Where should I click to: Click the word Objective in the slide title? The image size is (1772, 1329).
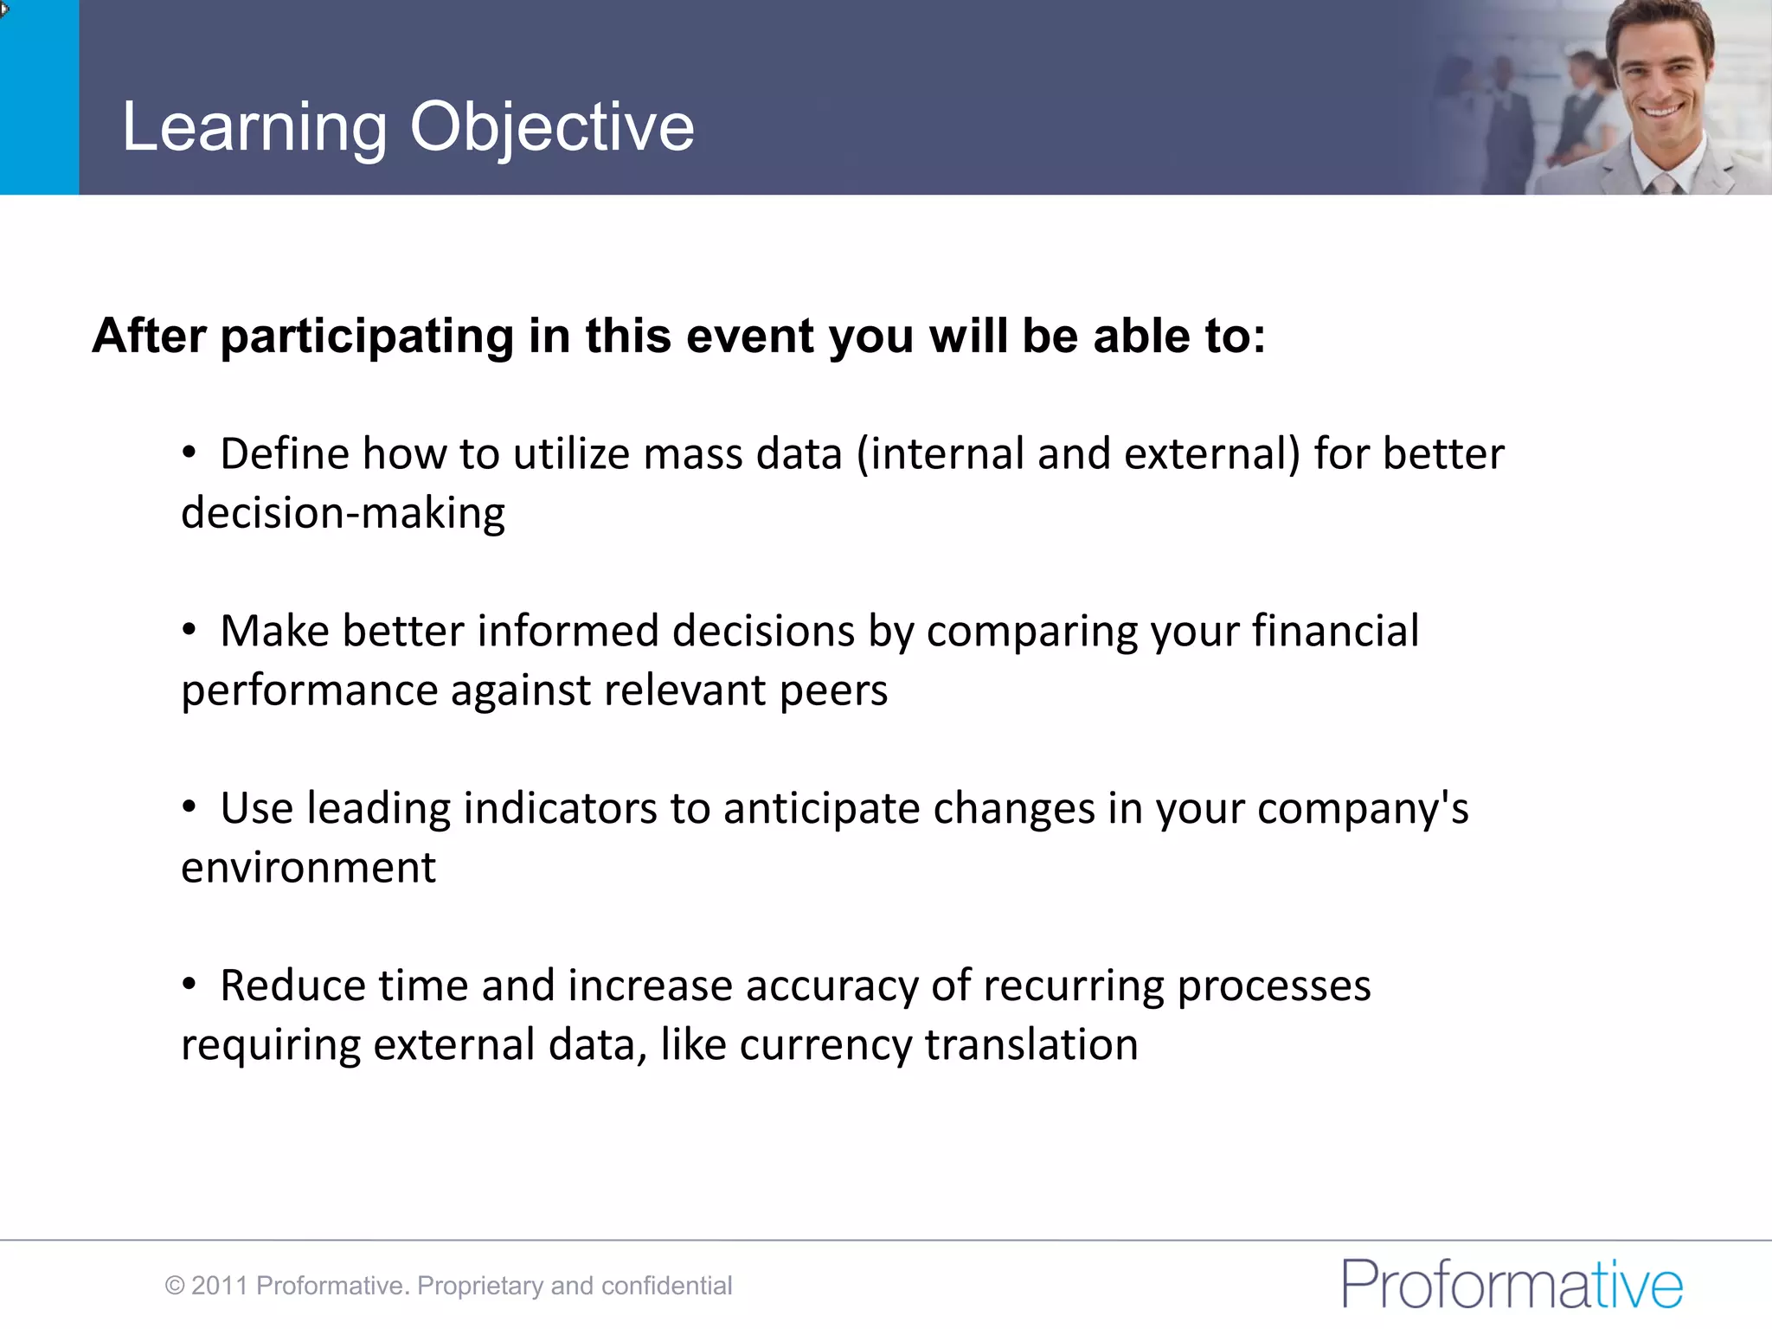(x=551, y=127)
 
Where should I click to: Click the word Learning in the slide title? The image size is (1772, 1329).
(x=254, y=127)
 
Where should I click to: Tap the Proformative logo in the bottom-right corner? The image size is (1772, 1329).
(x=1512, y=1284)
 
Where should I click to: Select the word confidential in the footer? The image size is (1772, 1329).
(x=666, y=1286)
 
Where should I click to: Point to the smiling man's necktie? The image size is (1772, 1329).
(x=1662, y=184)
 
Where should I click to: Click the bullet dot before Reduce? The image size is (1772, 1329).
(x=189, y=984)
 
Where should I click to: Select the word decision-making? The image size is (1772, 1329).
(x=343, y=514)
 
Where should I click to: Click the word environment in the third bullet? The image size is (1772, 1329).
(x=308, y=868)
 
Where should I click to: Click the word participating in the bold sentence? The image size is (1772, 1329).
(x=367, y=337)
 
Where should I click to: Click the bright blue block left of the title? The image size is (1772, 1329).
(x=39, y=97)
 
